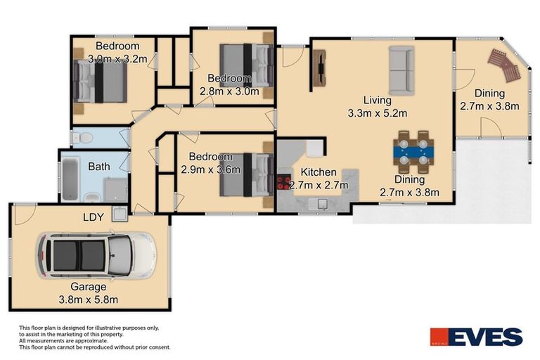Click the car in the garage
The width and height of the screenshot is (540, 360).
[96, 255]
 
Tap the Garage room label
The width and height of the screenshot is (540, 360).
[88, 287]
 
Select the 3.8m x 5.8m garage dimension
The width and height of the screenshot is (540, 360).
[88, 300]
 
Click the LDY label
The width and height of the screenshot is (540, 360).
[94, 217]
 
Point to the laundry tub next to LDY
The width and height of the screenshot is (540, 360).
[120, 214]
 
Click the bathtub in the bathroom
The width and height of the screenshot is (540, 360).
[70, 179]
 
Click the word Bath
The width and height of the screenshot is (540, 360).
[99, 167]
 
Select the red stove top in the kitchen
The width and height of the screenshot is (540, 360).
[283, 183]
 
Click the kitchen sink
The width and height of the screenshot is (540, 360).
[319, 205]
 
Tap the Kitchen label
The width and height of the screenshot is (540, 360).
[319, 172]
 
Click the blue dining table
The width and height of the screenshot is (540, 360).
[413, 152]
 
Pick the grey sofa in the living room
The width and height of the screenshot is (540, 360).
[401, 70]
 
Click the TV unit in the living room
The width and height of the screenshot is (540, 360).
[319, 69]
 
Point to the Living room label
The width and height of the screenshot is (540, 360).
[378, 101]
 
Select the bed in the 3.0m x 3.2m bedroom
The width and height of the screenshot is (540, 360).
[99, 81]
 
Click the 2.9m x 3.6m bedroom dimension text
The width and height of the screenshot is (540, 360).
[210, 169]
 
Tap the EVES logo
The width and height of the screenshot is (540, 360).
[476, 337]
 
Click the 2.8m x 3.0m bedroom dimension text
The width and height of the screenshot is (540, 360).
[229, 91]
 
